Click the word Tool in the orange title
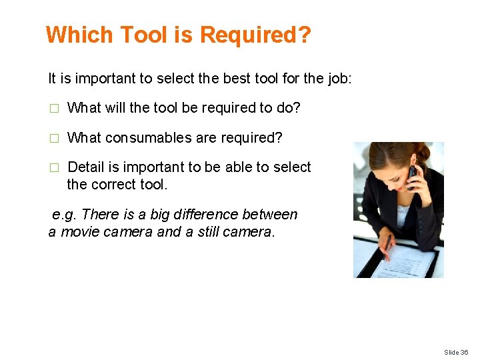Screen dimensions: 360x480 tap(143, 35)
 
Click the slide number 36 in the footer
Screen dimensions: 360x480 tap(464, 352)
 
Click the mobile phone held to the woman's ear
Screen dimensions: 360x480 tap(413, 175)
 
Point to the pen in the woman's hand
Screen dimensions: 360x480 tap(386, 247)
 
